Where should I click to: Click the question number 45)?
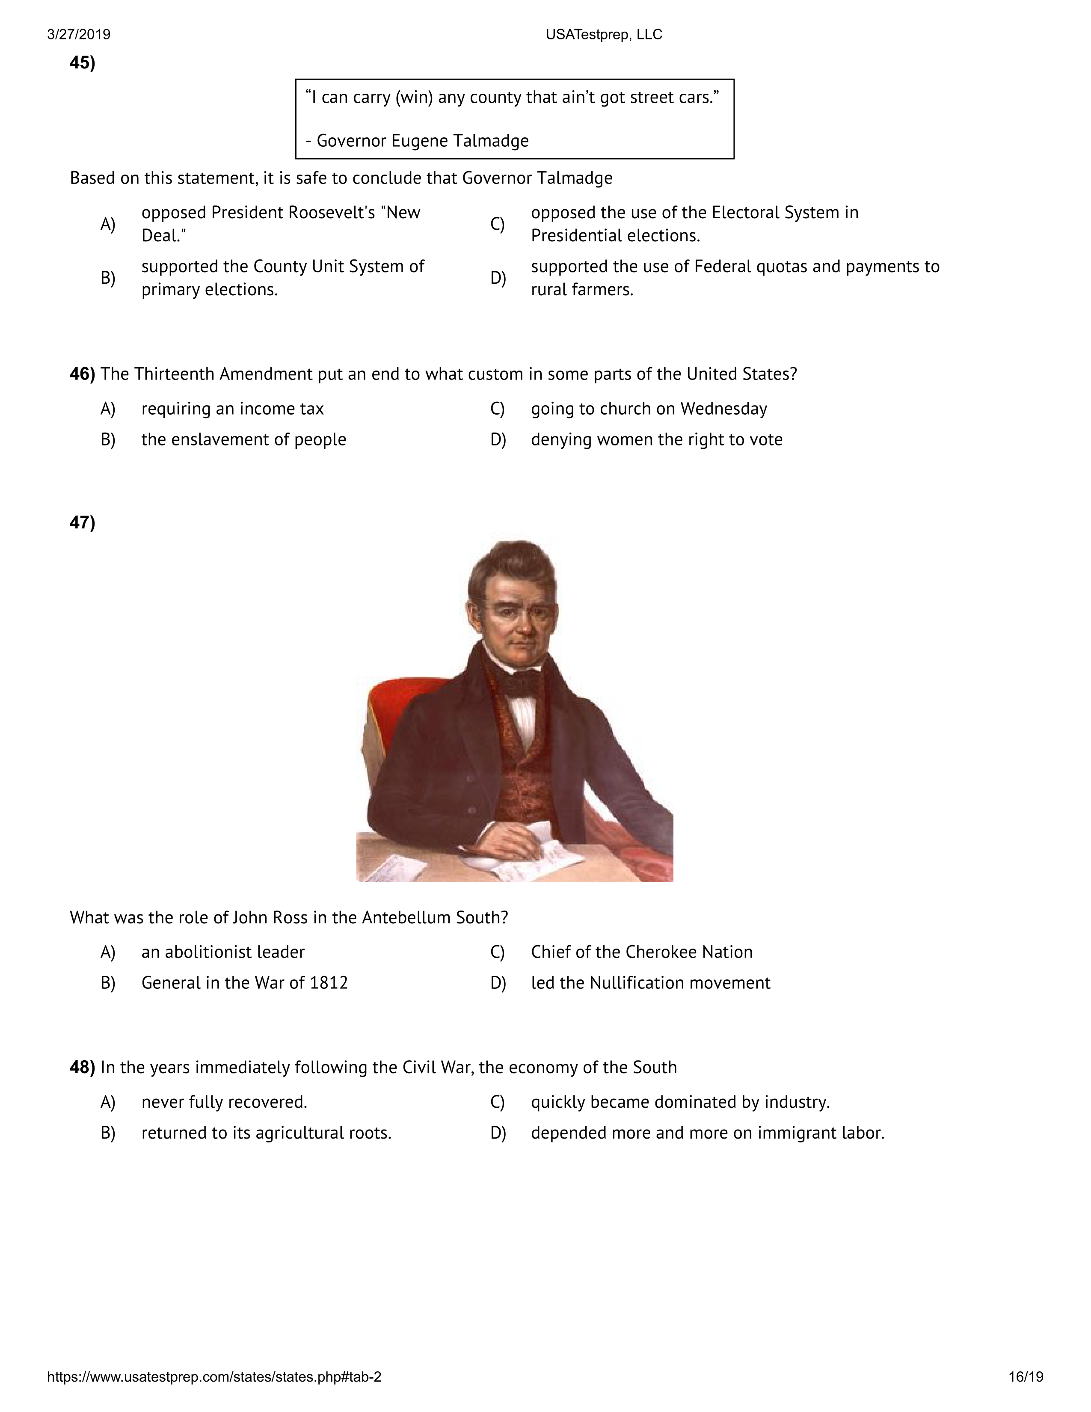(x=82, y=63)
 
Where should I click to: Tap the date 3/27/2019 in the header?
(x=78, y=34)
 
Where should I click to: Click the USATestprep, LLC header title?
(x=604, y=34)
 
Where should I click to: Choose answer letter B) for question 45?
(x=107, y=278)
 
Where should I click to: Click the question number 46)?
(x=82, y=374)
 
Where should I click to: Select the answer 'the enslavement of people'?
(x=244, y=439)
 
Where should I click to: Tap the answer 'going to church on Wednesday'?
(x=649, y=409)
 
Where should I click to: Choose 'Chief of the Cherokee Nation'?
(x=642, y=952)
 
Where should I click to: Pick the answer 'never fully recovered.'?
(x=224, y=1102)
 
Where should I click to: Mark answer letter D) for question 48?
(x=498, y=1133)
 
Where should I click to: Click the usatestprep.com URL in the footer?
(x=214, y=1376)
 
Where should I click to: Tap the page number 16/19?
(x=1026, y=1376)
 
